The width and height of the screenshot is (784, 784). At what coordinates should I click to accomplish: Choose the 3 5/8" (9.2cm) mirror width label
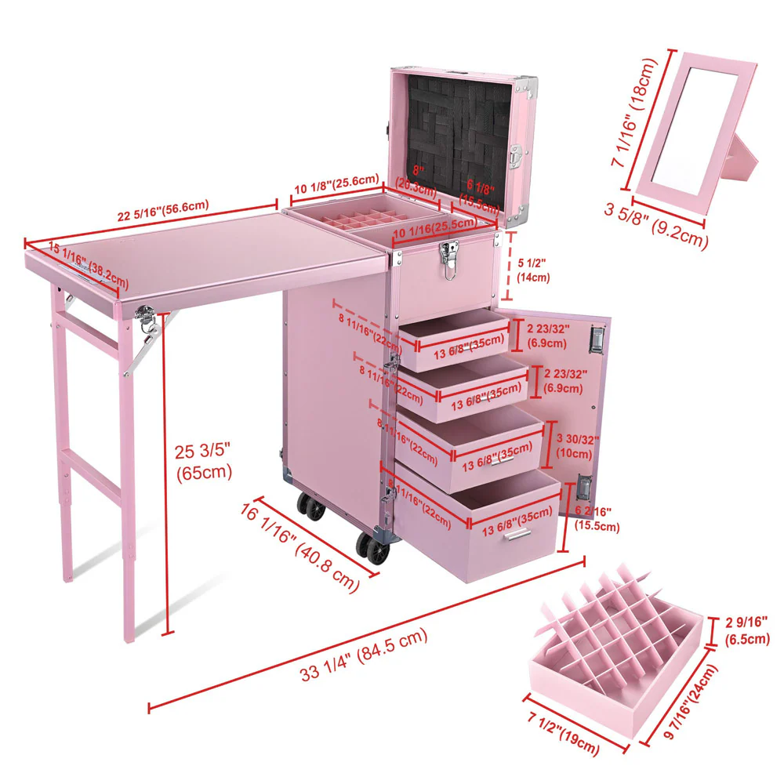[656, 226]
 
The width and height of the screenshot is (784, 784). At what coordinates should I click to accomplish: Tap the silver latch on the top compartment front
[450, 259]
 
